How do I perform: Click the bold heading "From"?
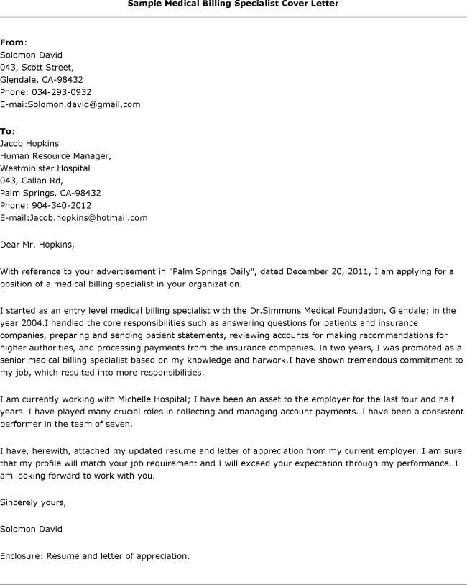[12, 42]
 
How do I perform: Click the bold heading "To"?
[6, 131]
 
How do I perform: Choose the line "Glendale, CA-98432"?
[42, 79]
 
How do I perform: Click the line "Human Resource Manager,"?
[56, 155]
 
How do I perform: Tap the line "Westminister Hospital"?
[45, 168]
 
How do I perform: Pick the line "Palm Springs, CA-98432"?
[50, 193]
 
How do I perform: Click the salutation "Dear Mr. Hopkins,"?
[37, 244]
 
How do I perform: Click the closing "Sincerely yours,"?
[33, 502]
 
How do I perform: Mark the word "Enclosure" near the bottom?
[21, 555]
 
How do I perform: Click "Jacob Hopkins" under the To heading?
[29, 143]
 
